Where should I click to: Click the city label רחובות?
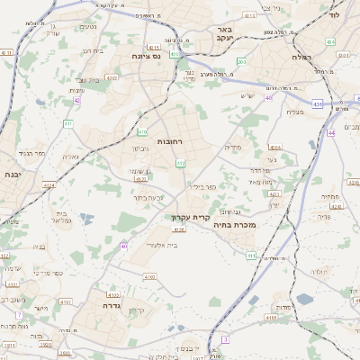170,142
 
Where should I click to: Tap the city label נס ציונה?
145,55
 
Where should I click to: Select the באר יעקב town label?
224,34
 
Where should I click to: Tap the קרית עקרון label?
190,217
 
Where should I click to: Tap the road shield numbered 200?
268,33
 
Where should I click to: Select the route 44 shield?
331,132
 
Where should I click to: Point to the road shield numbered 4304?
275,147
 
